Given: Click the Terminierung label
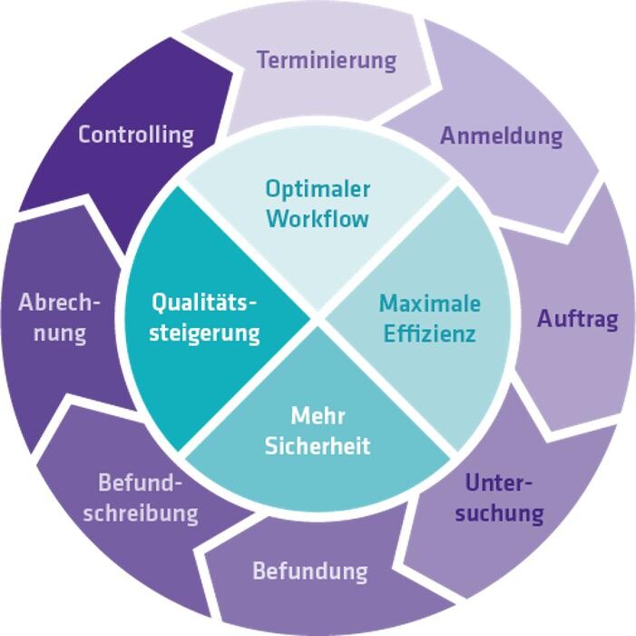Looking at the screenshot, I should [x=327, y=60].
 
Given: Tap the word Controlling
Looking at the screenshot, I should [x=136, y=134].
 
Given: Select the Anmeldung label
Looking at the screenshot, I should [x=502, y=136].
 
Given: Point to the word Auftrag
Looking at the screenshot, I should [x=577, y=319].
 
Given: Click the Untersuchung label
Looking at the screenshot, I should [x=499, y=497].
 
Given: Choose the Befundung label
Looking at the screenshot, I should [x=309, y=571].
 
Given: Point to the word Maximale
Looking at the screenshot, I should [x=430, y=303].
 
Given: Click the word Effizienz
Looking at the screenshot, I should [x=429, y=333].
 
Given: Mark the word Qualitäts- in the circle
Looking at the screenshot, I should [x=205, y=301].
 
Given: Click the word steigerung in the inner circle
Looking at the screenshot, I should [x=204, y=332].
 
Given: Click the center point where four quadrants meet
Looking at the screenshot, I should [x=318, y=318].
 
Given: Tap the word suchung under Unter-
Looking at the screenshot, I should [x=499, y=512].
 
